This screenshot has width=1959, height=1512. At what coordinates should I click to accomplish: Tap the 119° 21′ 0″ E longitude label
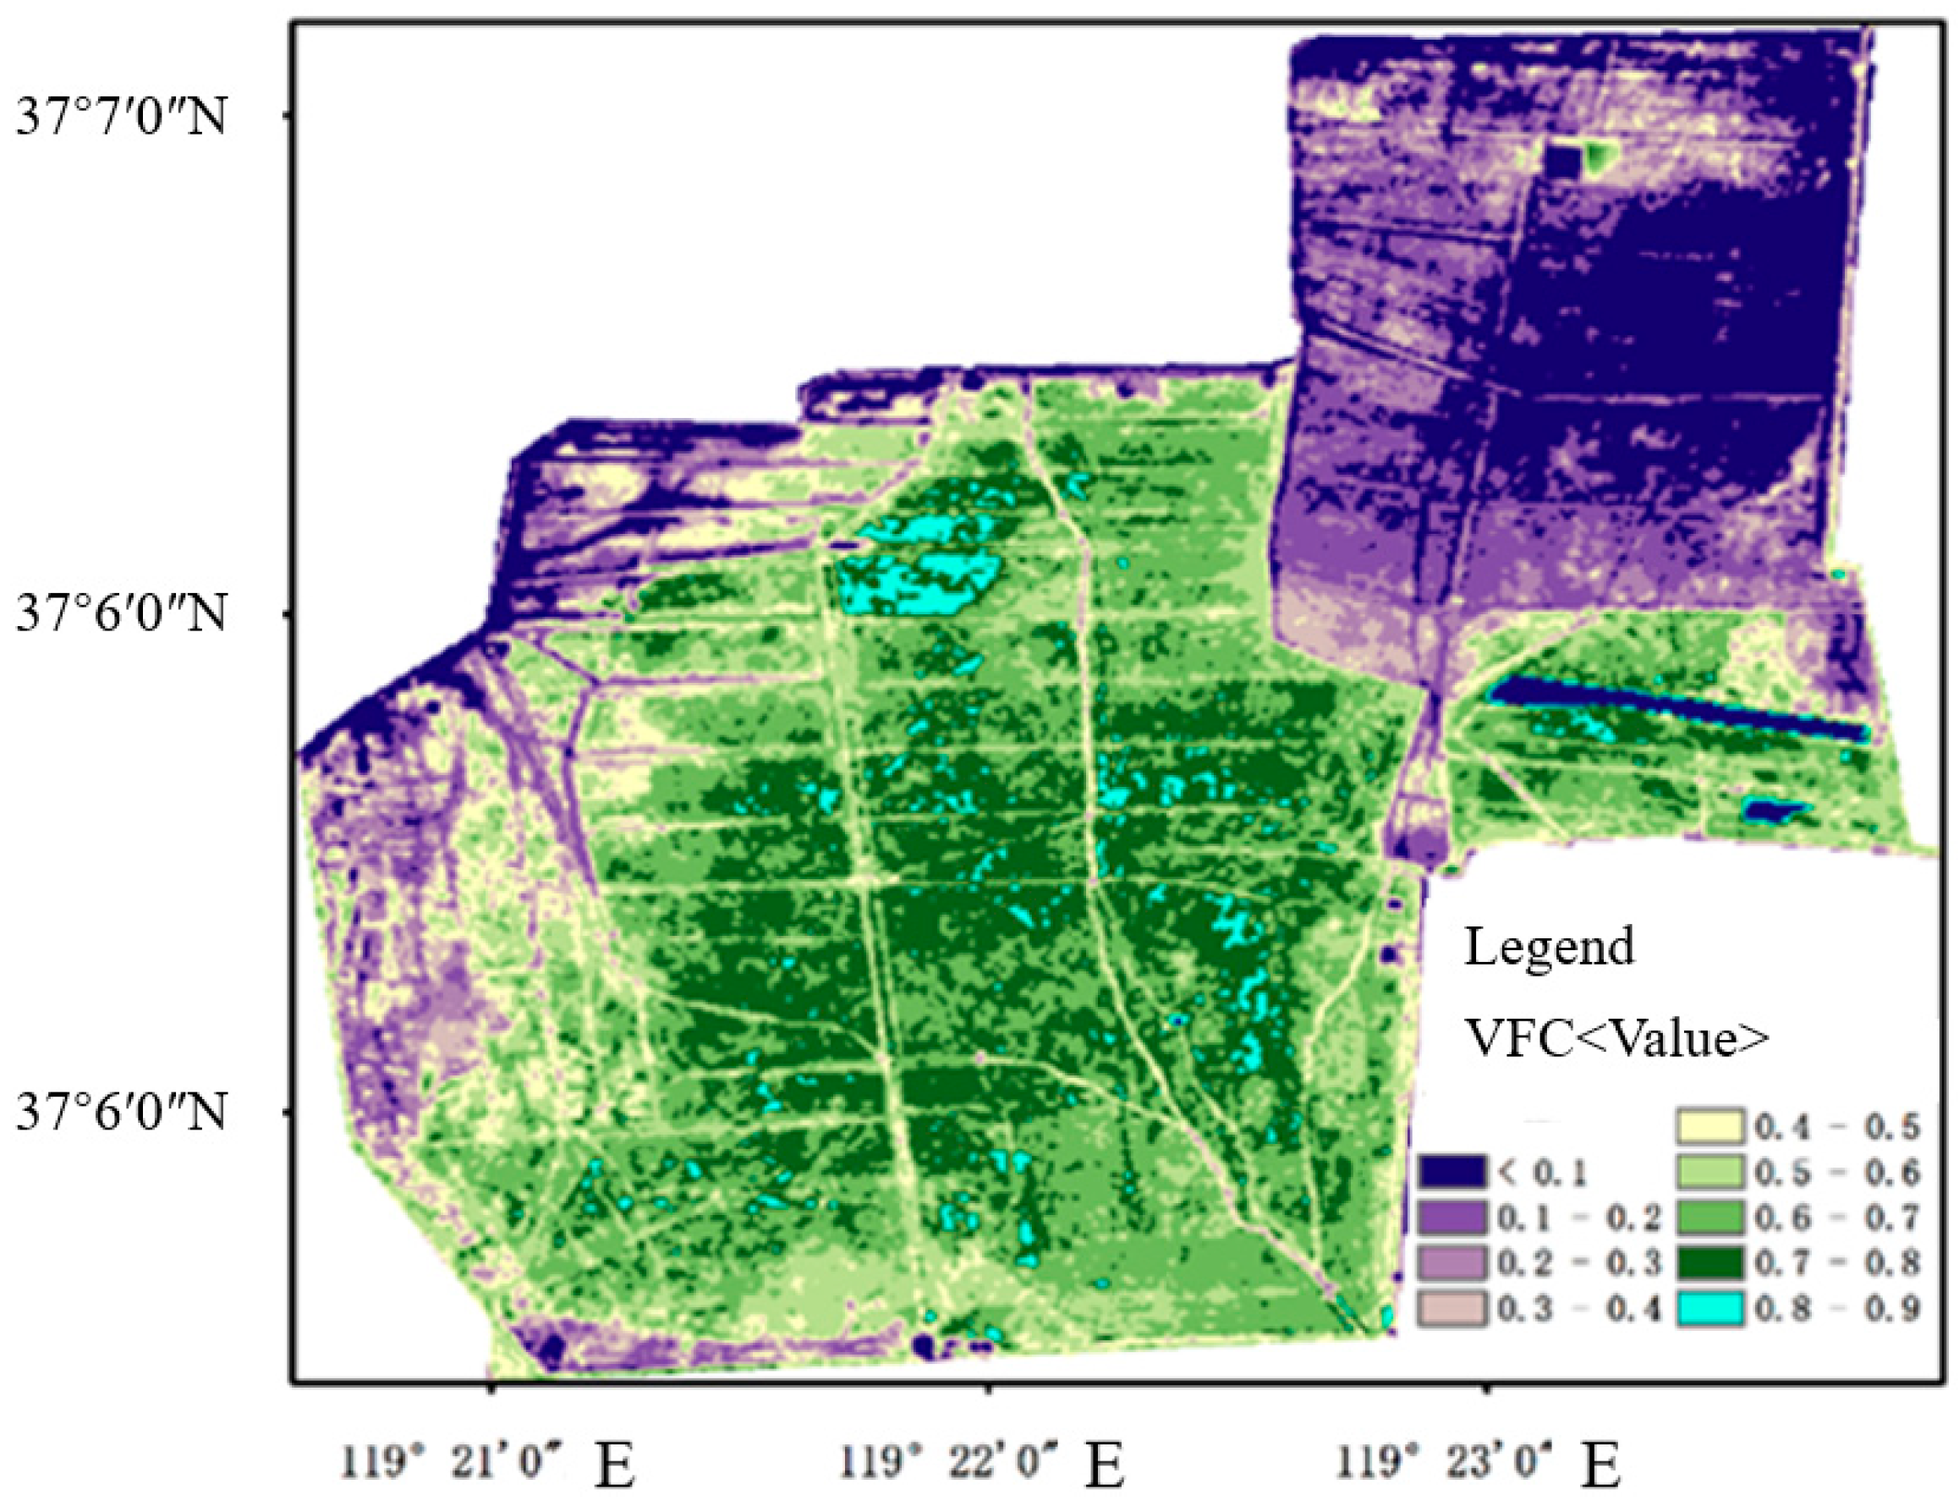489,1465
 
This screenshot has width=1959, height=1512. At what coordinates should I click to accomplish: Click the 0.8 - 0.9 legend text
1836,1309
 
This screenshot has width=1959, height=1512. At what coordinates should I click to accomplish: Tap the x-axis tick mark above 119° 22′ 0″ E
989,1390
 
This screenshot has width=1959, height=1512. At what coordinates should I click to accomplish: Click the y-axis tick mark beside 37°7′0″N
287,115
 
